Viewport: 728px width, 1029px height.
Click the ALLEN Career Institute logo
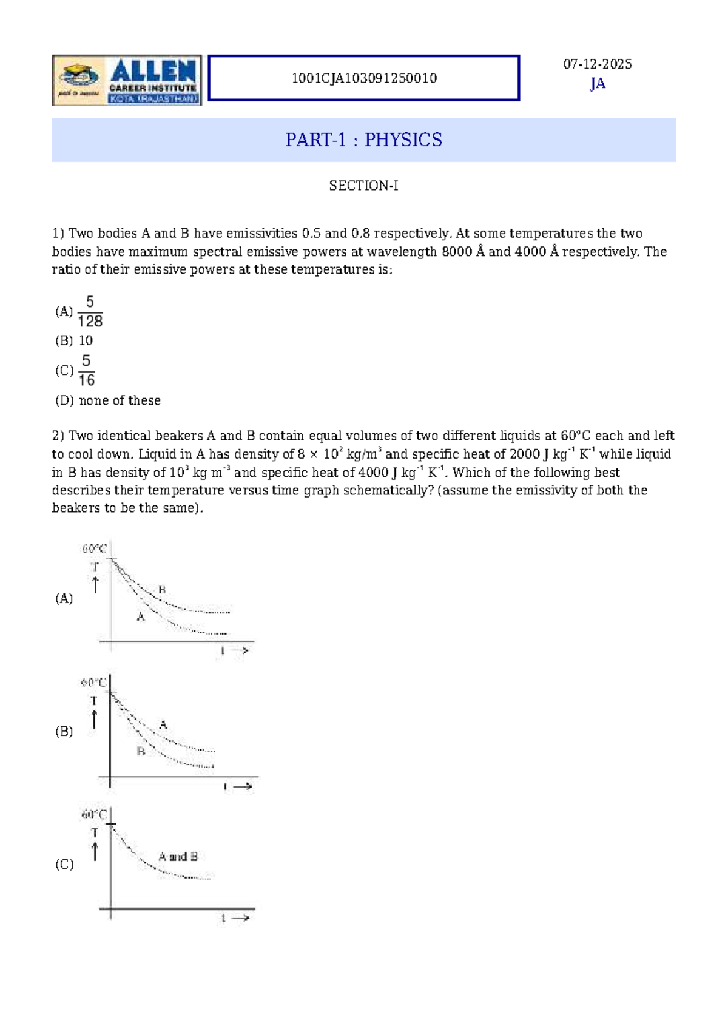click(127, 80)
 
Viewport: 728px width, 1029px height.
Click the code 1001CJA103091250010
click(364, 78)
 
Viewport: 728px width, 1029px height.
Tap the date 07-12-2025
click(598, 64)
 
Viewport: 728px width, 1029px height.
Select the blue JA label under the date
click(598, 84)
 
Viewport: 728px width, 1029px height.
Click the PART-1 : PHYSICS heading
click(364, 140)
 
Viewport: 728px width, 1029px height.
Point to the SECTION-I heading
click(363, 186)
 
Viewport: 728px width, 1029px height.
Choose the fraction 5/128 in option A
click(90, 312)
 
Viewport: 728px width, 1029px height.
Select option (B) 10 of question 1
click(74, 341)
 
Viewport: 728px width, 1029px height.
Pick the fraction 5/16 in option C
click(86, 371)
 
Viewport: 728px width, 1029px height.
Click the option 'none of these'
click(120, 400)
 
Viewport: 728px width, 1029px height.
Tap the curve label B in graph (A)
click(162, 590)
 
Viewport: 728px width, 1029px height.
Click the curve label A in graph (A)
click(141, 617)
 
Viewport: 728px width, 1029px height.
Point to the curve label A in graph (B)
click(163, 725)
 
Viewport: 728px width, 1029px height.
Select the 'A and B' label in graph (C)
click(178, 857)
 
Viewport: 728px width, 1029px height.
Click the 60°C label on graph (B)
click(93, 683)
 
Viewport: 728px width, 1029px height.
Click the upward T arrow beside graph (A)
click(95, 584)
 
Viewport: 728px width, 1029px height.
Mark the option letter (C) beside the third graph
click(64, 864)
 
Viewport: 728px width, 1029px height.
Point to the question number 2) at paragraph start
click(58, 436)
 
